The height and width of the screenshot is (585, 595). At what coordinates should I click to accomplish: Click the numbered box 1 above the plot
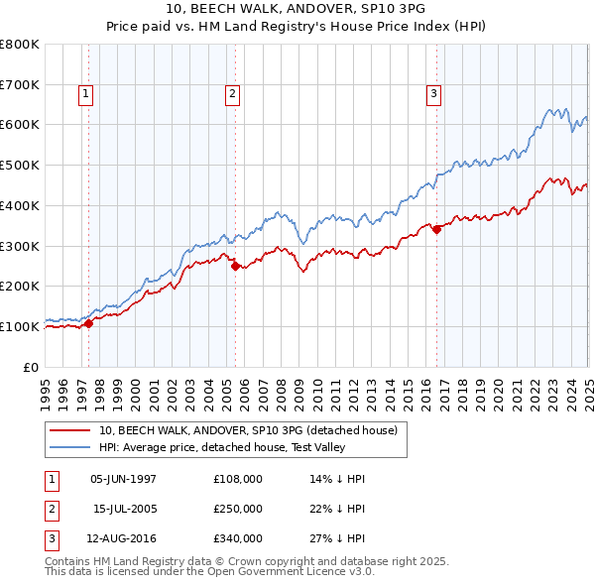86,94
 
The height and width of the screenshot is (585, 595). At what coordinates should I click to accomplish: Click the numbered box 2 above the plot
232,94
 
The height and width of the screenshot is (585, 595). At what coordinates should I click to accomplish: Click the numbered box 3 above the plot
433,94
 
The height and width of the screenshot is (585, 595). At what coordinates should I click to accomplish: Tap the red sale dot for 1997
88,323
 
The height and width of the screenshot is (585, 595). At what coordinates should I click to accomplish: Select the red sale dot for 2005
235,266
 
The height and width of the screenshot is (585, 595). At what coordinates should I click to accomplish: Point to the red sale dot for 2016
436,229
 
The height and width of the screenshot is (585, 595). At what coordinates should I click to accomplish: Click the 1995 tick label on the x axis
46,387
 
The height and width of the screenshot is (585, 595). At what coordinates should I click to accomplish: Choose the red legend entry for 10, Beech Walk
247,430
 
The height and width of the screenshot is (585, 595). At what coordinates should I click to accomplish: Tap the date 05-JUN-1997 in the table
123,478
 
